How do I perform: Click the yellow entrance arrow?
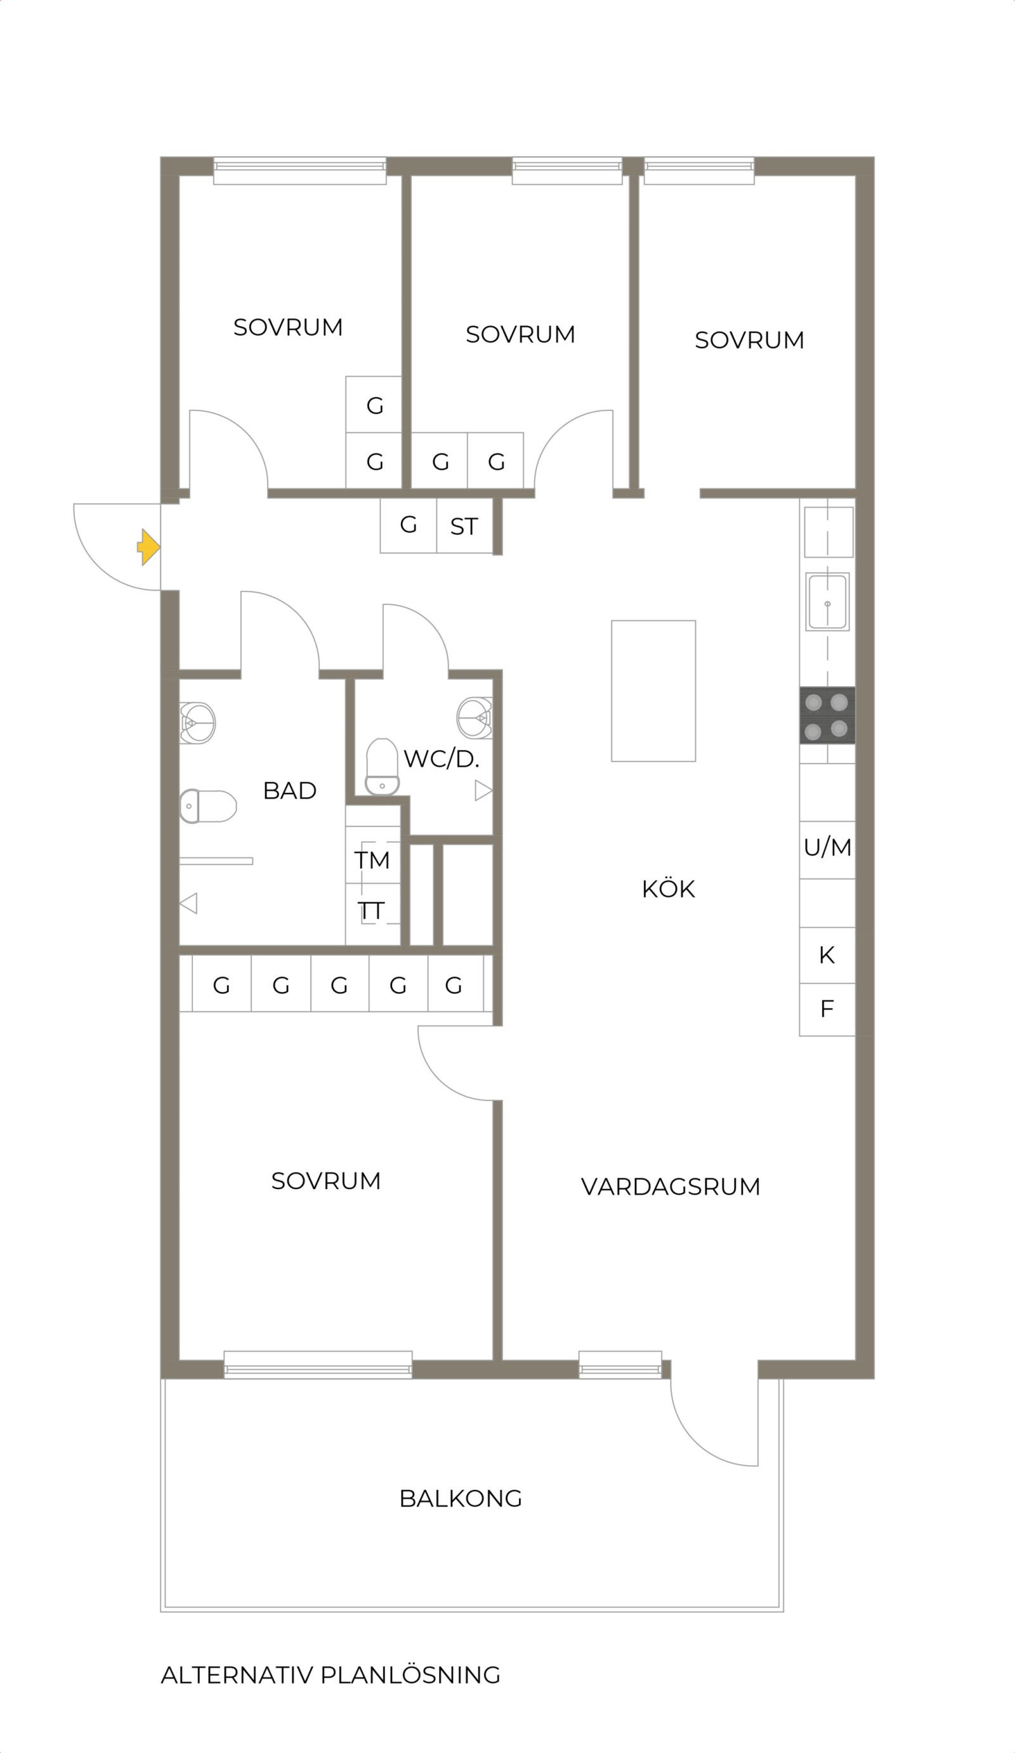149,547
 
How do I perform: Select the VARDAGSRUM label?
671,1186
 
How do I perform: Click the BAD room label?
289,790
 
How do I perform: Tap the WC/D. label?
441,759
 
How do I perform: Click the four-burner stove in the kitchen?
827,715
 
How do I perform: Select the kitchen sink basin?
827,602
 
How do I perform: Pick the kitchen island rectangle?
653,691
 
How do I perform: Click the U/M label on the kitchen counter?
827,847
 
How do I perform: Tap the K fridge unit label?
827,955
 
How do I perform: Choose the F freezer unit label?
827,1008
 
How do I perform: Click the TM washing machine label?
372,860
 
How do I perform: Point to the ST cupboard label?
464,526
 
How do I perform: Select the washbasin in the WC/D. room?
475,717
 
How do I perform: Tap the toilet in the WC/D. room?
382,767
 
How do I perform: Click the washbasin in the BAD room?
197,723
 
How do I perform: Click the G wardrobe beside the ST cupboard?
409,525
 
